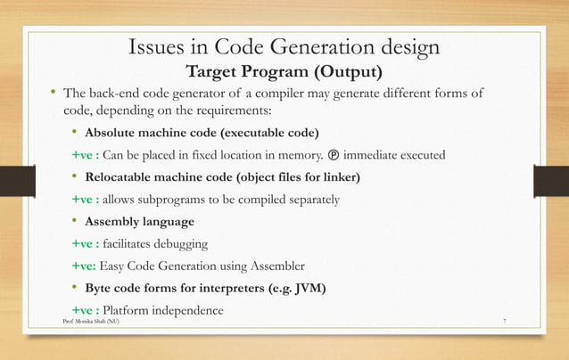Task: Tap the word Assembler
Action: coord(276,265)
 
